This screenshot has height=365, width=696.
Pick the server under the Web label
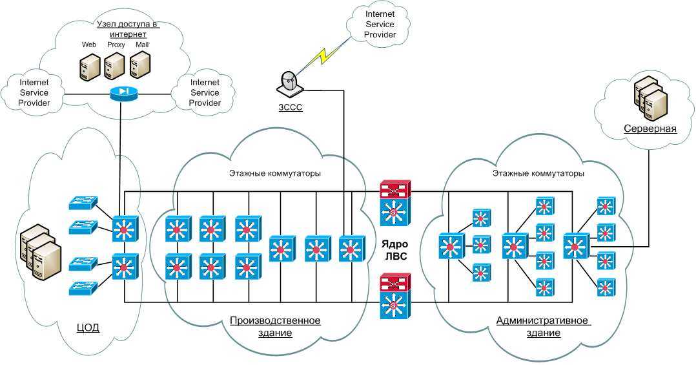[x=90, y=67]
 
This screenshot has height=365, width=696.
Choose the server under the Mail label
[x=140, y=66]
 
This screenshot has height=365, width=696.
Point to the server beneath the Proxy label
[x=114, y=66]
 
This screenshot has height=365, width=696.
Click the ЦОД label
[x=87, y=327]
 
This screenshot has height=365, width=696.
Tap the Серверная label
[x=650, y=128]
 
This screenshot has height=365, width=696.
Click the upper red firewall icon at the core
[x=394, y=189]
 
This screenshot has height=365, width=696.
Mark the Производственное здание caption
[x=275, y=326]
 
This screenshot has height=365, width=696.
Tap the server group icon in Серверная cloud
[x=650, y=97]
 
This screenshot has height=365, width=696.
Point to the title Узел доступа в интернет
[x=127, y=28]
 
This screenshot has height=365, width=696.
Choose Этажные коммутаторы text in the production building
[x=275, y=173]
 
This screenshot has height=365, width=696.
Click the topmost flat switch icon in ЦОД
[x=82, y=202]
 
